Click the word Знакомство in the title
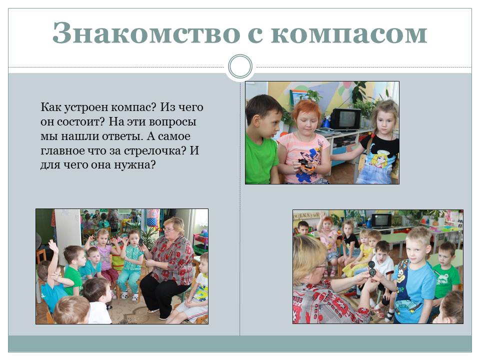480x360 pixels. click(146, 33)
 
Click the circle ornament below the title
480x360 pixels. click(240, 66)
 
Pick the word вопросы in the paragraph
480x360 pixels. click(172, 122)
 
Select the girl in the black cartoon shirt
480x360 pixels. click(378, 143)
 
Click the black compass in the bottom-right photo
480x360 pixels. click(371, 268)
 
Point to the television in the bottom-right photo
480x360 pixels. click(381, 221)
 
